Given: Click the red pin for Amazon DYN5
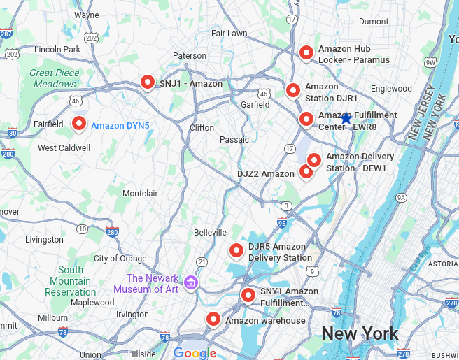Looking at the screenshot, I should click(79, 124).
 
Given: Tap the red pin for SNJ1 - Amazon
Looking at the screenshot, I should click(147, 82).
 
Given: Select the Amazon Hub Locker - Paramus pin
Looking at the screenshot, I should click(306, 52).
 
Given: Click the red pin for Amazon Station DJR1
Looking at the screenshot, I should click(293, 90).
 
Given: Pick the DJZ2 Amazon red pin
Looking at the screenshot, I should click(306, 171).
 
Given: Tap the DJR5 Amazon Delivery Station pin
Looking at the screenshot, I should click(236, 250).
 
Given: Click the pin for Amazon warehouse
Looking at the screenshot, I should click(213, 319).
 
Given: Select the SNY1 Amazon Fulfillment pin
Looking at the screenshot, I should click(248, 295).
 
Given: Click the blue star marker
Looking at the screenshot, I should click(346, 118).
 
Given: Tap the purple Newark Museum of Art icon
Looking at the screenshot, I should click(191, 283).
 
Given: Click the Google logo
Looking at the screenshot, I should click(194, 353).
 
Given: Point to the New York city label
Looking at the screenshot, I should click(360, 333).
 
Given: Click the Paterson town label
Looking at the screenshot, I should click(190, 56).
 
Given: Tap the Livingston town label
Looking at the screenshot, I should click(44, 240).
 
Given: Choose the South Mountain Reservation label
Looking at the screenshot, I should click(71, 281).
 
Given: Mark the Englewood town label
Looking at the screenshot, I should click(391, 89).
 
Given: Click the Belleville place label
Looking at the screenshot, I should click(210, 232).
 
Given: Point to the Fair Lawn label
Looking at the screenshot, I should click(229, 33).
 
